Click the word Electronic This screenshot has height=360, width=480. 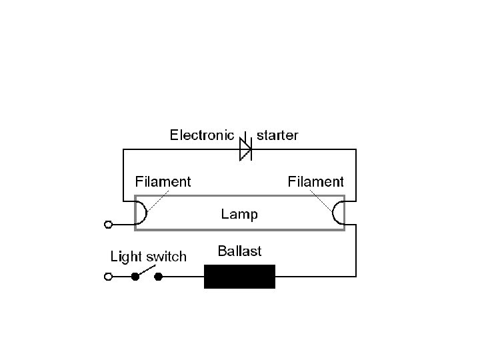click(x=201, y=135)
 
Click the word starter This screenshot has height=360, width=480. click(x=277, y=135)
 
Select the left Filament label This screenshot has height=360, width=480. click(x=163, y=181)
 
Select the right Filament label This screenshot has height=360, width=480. click(x=315, y=181)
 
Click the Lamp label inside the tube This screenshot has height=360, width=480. click(x=239, y=215)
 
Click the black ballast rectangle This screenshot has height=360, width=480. click(x=239, y=276)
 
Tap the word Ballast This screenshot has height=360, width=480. click(x=239, y=251)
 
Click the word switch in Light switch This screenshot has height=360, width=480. click(x=167, y=257)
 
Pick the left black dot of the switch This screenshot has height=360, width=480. click(x=135, y=276)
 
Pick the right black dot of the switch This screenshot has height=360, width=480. click(x=159, y=276)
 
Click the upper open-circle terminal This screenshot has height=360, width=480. click(x=108, y=225)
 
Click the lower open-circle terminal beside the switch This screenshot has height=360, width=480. click(x=108, y=276)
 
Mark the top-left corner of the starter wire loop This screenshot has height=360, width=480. click(x=123, y=150)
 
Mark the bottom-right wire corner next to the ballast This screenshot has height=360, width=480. click(x=356, y=276)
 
